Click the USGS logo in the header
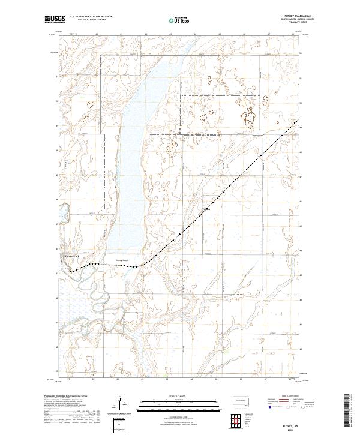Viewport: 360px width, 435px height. pos(55,19)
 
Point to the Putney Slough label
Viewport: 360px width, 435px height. pos(122,260)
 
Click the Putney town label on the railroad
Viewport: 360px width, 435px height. pos(206,209)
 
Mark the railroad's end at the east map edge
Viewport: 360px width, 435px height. pos(299,120)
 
